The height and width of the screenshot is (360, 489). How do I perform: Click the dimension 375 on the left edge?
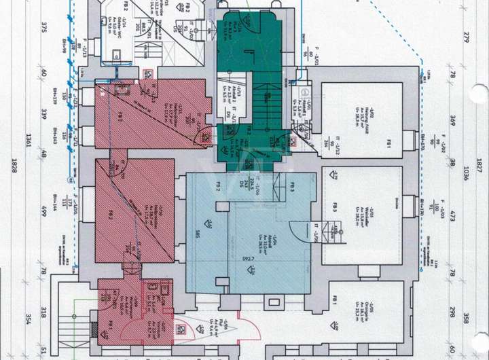(43, 27)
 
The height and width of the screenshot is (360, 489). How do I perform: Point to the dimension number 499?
(43, 210)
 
